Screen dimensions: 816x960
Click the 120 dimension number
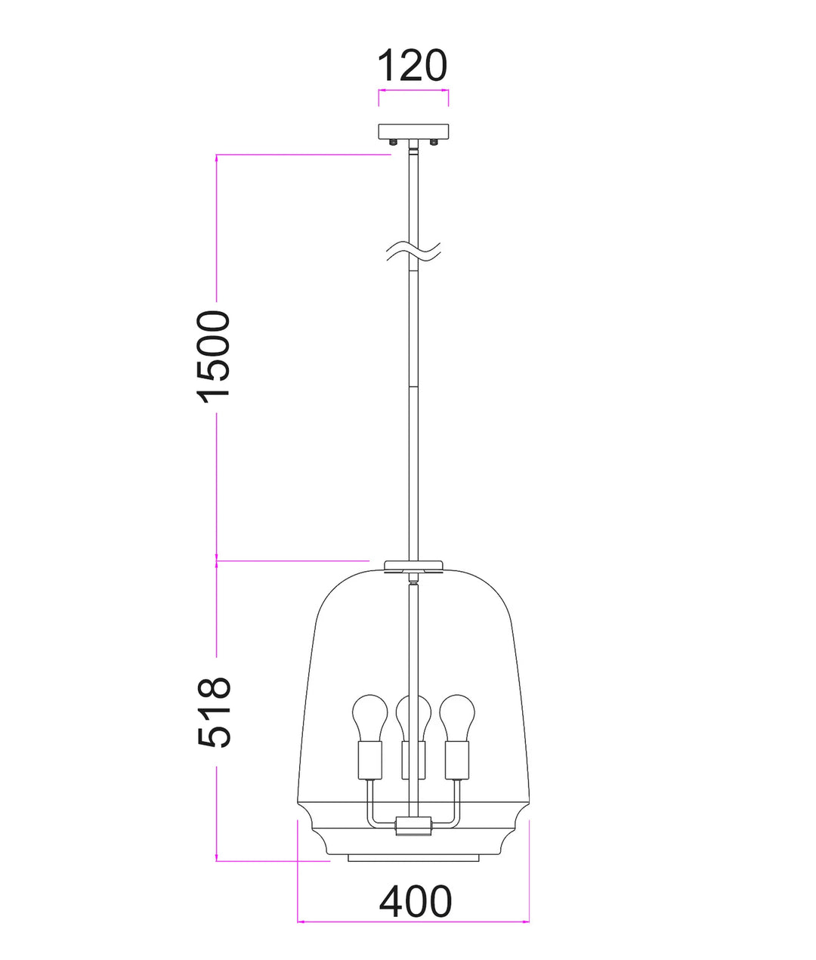(x=413, y=66)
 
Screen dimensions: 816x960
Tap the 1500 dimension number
(x=214, y=357)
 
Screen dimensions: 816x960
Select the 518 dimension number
(x=214, y=713)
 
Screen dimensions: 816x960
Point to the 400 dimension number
(x=415, y=901)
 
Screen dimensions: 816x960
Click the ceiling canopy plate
(x=413, y=131)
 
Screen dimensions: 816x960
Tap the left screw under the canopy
(x=393, y=142)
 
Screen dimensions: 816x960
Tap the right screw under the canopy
(x=434, y=142)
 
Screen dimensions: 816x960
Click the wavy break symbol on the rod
(x=413, y=252)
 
